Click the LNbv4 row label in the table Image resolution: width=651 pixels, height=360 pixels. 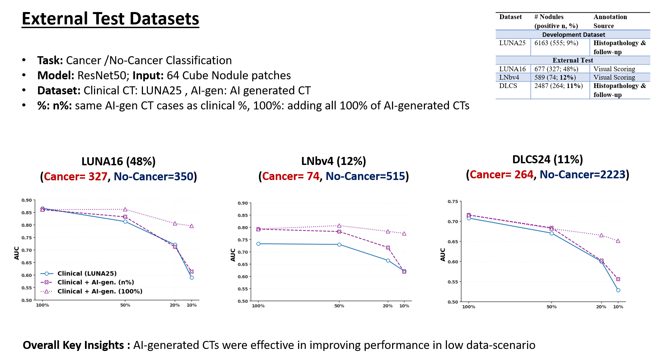(509, 77)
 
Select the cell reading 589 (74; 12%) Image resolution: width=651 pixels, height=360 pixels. (555, 77)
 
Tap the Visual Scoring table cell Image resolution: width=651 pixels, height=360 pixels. (614, 77)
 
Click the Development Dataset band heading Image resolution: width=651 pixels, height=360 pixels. (573, 35)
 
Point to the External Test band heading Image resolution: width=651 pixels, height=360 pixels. (573, 60)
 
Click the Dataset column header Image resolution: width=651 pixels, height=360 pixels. (510, 17)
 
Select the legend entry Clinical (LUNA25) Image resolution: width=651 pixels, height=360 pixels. (87, 273)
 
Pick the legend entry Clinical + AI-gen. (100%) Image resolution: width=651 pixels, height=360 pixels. (100, 291)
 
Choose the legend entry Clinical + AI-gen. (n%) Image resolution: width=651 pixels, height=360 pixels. (96, 282)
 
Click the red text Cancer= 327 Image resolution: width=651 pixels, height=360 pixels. (76, 176)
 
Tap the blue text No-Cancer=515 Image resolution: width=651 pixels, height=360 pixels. (365, 176)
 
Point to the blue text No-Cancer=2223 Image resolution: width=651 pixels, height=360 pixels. (582, 174)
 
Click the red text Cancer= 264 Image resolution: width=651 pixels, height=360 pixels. (501, 174)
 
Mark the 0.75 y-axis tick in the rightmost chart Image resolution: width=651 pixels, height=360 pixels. (453, 201)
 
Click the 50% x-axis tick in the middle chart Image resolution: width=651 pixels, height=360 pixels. (339, 306)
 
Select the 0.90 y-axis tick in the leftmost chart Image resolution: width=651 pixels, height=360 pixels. (26, 200)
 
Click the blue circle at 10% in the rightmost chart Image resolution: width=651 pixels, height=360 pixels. (618, 290)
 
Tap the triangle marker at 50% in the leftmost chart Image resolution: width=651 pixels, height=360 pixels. (125, 209)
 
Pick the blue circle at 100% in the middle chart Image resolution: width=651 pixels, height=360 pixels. (258, 244)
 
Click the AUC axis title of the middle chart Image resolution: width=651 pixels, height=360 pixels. (233, 255)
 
